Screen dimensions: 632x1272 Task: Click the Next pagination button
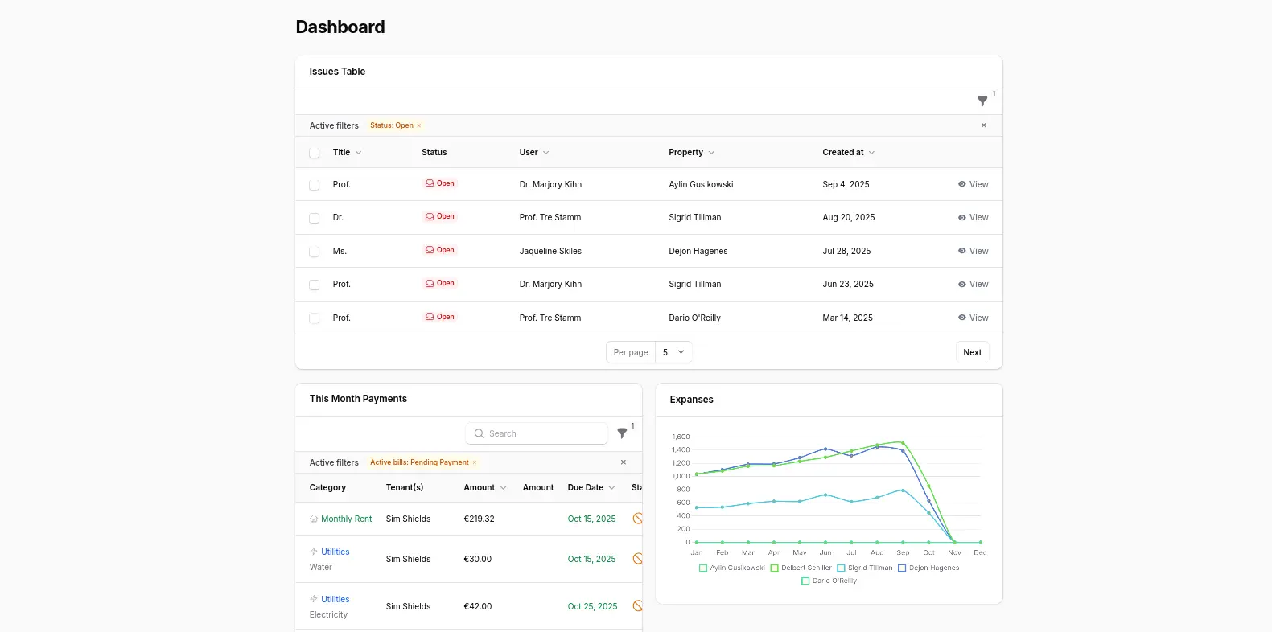(x=972, y=352)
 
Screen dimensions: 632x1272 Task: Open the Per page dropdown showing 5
(x=673, y=352)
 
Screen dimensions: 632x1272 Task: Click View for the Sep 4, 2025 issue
(x=973, y=184)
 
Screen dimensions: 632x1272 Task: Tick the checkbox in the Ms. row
(x=315, y=252)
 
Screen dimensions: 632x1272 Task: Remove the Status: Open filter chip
(x=419, y=125)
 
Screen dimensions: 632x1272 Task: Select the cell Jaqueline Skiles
(x=550, y=251)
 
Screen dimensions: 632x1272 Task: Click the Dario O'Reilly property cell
(x=694, y=318)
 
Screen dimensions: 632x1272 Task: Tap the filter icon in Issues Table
(x=982, y=101)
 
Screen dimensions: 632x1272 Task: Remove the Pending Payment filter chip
(x=475, y=462)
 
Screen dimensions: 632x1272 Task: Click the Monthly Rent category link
(x=346, y=519)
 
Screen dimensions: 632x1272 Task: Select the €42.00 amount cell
(x=477, y=606)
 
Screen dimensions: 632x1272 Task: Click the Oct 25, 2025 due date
(x=592, y=606)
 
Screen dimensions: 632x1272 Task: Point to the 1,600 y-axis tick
(x=681, y=437)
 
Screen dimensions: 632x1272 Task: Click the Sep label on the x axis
(x=903, y=552)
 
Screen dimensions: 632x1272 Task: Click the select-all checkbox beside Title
(x=315, y=153)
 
